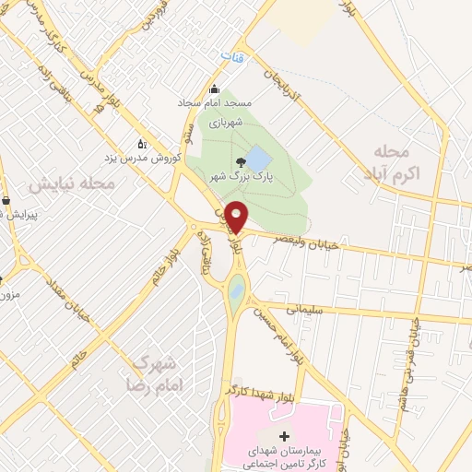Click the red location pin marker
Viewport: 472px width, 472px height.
[237, 216]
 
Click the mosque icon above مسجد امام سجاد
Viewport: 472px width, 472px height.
[215, 89]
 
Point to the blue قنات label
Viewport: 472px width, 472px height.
[231, 57]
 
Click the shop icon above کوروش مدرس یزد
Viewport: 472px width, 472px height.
[141, 143]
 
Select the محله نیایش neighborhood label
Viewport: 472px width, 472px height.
[71, 184]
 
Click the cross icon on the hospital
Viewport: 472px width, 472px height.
[284, 435]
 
